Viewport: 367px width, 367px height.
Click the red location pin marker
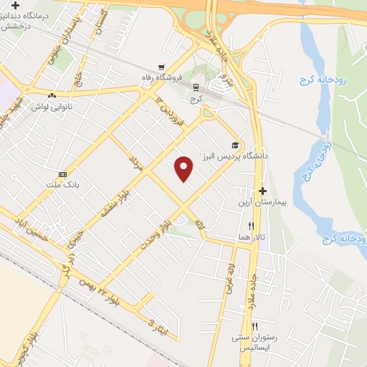click(185, 168)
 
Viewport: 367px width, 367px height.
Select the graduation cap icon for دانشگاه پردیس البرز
click(235, 144)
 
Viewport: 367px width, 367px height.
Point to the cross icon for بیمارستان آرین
click(262, 191)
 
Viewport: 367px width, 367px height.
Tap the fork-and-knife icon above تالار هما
click(250, 226)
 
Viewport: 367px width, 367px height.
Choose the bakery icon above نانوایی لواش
click(51, 95)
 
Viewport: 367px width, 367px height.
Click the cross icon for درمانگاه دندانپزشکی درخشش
click(15, 5)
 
